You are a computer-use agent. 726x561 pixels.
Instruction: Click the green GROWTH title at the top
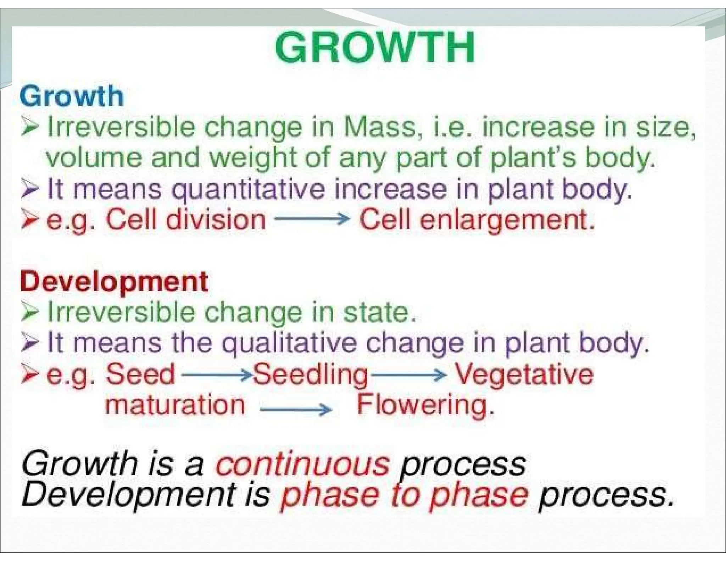pos(375,48)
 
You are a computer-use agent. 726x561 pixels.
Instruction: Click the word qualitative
pos(289,343)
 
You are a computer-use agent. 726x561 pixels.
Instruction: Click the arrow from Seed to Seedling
pos(216,374)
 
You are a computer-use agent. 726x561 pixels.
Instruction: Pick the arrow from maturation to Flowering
pos(296,410)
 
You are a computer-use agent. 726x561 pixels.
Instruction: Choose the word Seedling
pos(310,375)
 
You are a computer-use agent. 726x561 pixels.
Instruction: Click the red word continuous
pos(302,464)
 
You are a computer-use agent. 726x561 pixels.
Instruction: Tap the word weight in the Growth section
pos(253,159)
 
